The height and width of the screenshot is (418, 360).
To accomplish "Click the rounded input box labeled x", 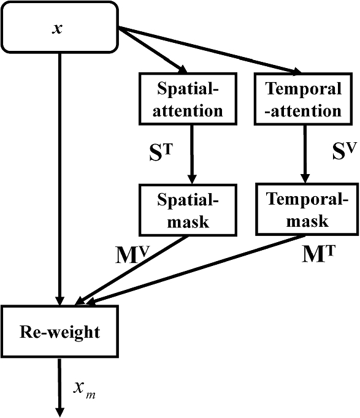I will click(59, 26).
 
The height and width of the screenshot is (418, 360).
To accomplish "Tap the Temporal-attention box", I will click(303, 100).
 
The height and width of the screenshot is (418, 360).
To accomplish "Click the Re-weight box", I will click(59, 333).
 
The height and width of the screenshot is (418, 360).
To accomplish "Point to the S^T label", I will click(161, 153).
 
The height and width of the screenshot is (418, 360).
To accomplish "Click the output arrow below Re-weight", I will click(59, 386).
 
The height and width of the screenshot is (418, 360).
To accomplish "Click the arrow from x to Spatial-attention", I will click(153, 51).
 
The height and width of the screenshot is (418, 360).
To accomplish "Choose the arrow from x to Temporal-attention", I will click(209, 49).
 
